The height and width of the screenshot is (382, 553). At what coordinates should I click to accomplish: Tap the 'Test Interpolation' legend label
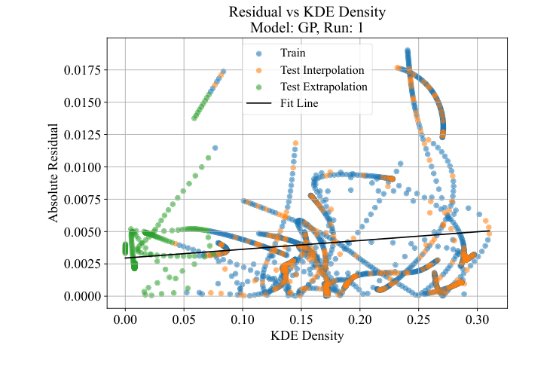322,70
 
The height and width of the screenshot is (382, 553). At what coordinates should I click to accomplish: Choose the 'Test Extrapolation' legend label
323,87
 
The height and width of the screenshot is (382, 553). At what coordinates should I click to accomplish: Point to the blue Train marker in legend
258,53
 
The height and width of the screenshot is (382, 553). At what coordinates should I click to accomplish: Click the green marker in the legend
258,87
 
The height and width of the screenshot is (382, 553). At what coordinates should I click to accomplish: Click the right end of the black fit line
490,231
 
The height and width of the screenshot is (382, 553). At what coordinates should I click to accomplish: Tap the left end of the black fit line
125,258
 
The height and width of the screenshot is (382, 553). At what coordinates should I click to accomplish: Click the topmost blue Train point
408,50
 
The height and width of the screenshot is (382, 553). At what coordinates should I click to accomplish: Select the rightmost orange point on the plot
489,233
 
